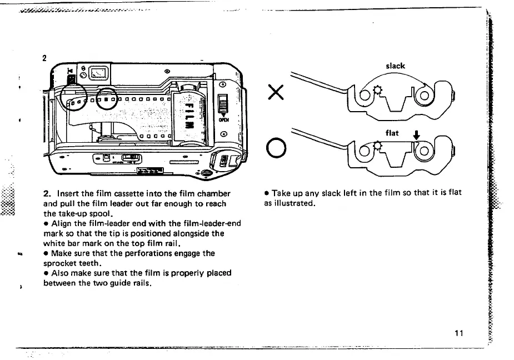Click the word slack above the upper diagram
coord(395,66)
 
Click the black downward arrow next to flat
coord(414,134)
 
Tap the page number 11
coord(458,333)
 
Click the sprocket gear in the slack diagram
coord(377,89)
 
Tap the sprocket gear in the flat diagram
coord(378,146)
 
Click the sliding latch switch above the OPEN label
coord(223,103)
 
